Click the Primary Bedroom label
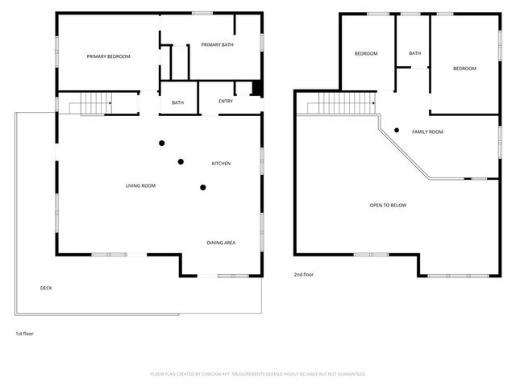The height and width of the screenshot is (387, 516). tap(109, 56)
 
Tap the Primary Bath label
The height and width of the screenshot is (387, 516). tap(217, 44)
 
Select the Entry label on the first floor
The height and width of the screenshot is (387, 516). tap(226, 102)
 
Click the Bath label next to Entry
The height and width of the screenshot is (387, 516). tap(177, 102)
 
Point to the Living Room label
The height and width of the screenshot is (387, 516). tap(140, 186)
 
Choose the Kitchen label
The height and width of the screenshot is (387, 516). tap(221, 164)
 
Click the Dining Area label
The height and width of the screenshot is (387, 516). tap(221, 242)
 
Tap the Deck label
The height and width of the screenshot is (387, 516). tap(46, 288)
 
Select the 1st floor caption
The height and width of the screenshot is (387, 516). tap(24, 333)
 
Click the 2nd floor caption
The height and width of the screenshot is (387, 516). tap(303, 275)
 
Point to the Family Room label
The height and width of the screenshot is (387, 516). tap(427, 131)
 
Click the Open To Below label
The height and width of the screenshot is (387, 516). tap(388, 206)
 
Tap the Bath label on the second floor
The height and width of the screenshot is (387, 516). tap(414, 54)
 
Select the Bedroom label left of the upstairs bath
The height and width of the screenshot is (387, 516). tap(366, 54)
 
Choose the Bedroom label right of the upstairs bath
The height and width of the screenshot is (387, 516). tap(464, 69)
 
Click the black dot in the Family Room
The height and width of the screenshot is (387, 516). tap(397, 130)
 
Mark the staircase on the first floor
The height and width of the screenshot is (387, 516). tap(88, 103)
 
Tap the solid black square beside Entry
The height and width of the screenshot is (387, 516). tap(257, 89)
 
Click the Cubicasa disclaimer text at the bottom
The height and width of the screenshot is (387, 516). tap(258, 374)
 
